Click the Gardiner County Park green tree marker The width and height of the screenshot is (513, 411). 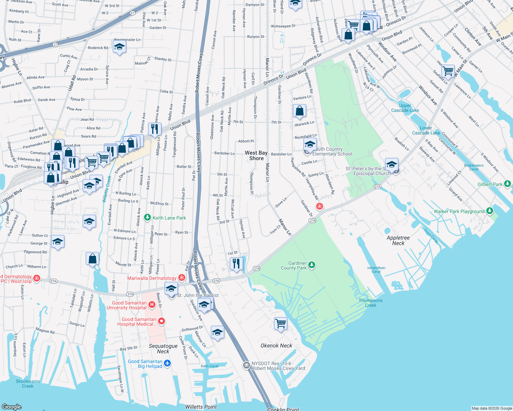pos(312,265)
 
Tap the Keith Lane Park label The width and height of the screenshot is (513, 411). pos(169,218)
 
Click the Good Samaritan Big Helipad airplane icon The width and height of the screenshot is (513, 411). pos(167,363)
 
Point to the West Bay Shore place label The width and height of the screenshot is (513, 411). pos(256,155)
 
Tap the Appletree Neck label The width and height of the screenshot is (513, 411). pos(398,240)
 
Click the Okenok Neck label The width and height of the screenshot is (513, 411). pos(276,346)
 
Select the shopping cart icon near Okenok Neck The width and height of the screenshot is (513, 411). pos(281,323)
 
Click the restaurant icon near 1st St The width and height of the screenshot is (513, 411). pos(236,263)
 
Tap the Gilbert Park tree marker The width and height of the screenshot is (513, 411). pos(508,184)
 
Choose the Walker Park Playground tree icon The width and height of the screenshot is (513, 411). pos(490,210)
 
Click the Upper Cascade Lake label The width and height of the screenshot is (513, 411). pos(405,108)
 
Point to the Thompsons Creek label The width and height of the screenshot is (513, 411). pos(370,303)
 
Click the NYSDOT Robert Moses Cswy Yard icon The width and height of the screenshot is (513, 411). pos(247,365)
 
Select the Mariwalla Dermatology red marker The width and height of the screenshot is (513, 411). pos(182,277)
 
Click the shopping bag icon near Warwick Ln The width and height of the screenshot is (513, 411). pos(299,111)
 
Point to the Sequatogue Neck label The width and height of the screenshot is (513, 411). pos(163,349)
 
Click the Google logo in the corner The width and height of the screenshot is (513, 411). pos(12,407)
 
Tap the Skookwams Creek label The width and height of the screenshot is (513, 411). pos(28,384)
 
